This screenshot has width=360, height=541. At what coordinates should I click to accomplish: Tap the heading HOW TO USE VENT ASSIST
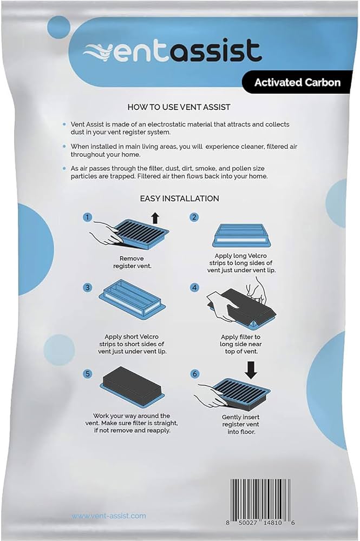179,107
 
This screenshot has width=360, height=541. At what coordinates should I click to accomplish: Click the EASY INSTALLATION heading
180,199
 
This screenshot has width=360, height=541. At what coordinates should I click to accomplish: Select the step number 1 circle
88,217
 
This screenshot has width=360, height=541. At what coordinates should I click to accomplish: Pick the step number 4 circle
195,287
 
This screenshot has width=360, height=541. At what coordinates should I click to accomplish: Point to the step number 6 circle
195,374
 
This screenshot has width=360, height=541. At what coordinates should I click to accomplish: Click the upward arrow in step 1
155,218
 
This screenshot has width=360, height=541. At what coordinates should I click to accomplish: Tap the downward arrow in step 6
251,370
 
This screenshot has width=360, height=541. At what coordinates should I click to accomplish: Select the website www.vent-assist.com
109,516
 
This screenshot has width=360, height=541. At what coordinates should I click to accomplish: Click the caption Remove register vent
132,262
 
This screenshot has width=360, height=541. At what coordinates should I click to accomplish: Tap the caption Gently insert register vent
240,424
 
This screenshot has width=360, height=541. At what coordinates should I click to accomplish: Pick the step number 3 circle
88,287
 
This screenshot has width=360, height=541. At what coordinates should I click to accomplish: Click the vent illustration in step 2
241,235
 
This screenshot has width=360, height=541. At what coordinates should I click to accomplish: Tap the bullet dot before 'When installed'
64,146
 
